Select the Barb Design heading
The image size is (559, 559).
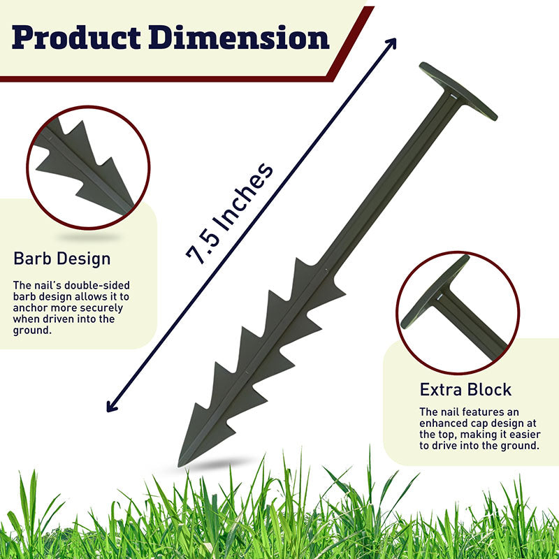click(61, 259)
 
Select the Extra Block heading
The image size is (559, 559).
click(465, 389)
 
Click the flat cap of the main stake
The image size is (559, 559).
click(458, 91)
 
